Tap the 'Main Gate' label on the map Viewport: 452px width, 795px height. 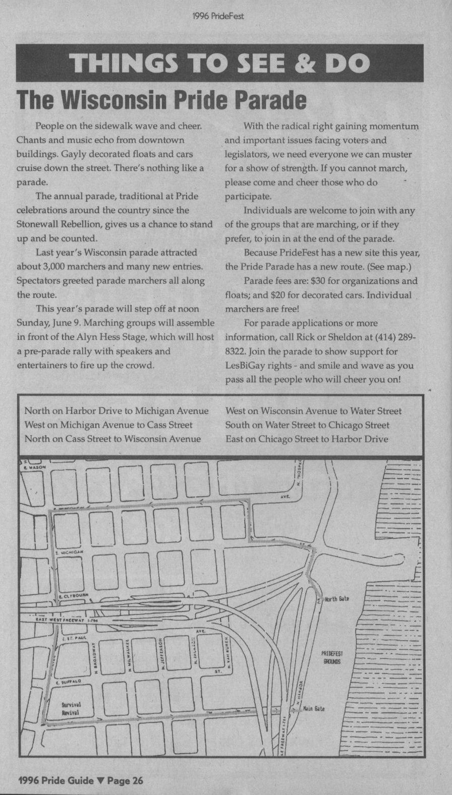[x=313, y=708]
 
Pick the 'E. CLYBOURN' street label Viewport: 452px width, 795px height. [x=74, y=596]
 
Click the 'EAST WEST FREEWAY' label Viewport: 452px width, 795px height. [x=61, y=620]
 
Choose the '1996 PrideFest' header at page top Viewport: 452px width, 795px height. [x=218, y=16]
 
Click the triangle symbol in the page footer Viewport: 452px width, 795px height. [x=100, y=781]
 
